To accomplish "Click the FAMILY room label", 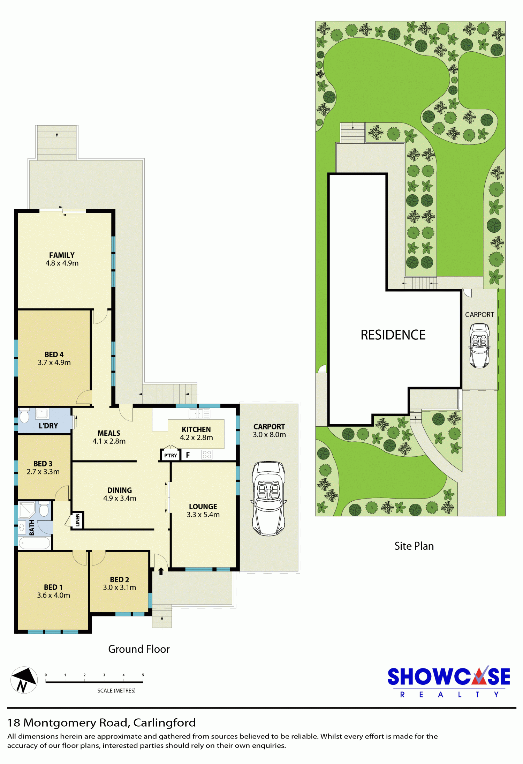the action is pos(62,255).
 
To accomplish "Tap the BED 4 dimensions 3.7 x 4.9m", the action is pos(54,362).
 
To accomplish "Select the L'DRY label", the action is pos(48,426).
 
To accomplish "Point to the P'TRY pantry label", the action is pos(170,455).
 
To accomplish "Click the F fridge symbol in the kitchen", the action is pos(188,455).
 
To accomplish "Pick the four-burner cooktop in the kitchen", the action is pos(207,454).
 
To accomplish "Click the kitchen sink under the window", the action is pos(199,414).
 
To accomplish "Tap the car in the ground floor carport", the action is pos(268,499).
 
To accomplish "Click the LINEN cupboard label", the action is pos(77,520).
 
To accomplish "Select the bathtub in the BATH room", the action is pos(34,543).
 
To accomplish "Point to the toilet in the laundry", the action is pos(24,415).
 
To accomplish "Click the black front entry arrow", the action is pos(161,571).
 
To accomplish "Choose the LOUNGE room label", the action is pos(203,507).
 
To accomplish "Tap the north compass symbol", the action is pos(24,680).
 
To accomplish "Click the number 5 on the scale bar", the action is pos(143,675).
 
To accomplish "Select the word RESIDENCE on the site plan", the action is pos(393,335).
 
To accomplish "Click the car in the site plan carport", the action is pos(479,345).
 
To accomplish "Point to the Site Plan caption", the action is pos(414,546).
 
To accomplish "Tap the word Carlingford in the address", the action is pos(165,722).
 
